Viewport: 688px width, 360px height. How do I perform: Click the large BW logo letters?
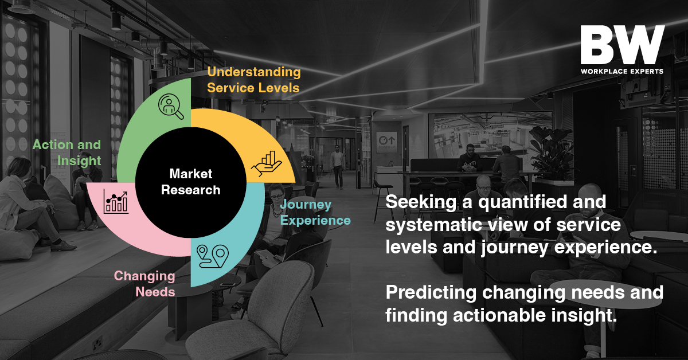coord(622,45)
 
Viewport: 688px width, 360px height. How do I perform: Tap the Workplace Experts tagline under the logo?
coord(622,71)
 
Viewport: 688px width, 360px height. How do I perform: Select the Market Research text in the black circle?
coord(191,182)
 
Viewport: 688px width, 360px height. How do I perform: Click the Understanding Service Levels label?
coord(253,80)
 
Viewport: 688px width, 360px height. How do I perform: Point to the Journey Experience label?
coord(315,212)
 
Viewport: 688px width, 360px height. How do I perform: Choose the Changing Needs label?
coord(144,284)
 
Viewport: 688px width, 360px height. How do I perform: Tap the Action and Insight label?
coord(67,152)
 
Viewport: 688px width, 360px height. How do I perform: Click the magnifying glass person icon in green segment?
coord(171,106)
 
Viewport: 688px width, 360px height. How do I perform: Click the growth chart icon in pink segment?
coord(116,202)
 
